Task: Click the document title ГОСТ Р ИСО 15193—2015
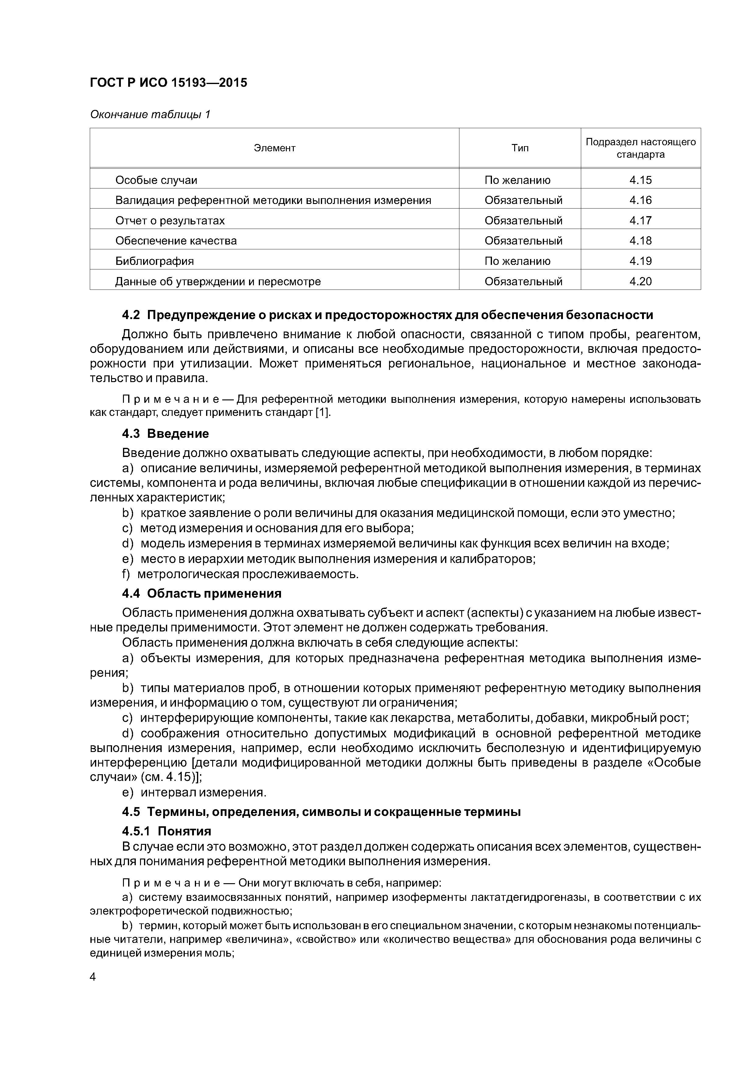(x=168, y=83)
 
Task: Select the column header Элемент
(x=275, y=148)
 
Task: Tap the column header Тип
(x=520, y=148)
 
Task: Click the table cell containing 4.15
(x=640, y=180)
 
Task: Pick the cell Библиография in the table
(x=154, y=261)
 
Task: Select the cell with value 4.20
(x=640, y=281)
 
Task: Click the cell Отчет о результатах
(x=170, y=220)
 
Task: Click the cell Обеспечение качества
(x=176, y=241)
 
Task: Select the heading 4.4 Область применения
(x=202, y=594)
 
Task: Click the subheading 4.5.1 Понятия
(x=167, y=831)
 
